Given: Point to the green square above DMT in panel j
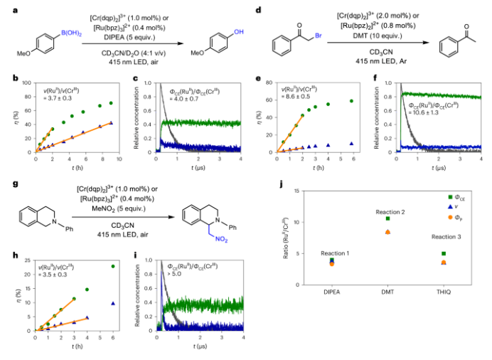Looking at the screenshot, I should [387, 218].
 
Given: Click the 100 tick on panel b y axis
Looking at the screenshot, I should [27, 83].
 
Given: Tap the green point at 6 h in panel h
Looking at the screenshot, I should [113, 267].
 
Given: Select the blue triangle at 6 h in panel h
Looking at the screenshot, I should [113, 303].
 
